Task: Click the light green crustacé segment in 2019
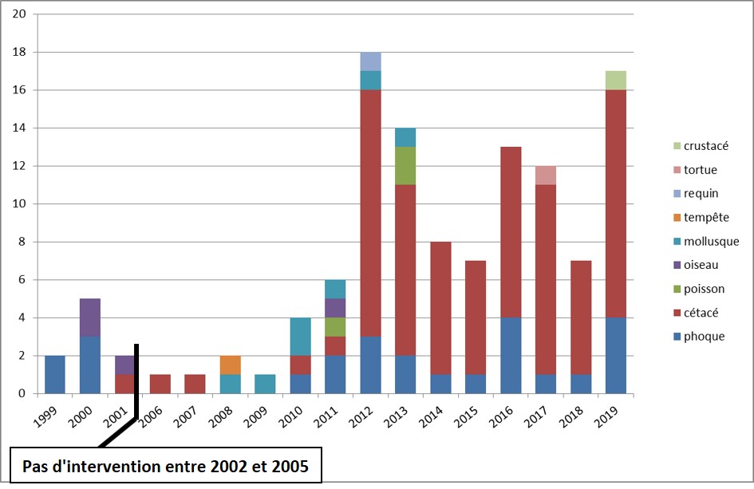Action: [x=616, y=81]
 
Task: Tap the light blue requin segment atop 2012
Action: [x=370, y=61]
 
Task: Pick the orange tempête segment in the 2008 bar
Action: [x=230, y=365]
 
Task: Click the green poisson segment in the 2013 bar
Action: [x=405, y=166]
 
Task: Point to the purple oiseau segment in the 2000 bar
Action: [x=90, y=317]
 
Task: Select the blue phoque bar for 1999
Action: [x=55, y=374]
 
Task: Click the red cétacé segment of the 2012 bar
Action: [x=370, y=213]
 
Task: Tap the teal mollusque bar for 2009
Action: [x=265, y=384]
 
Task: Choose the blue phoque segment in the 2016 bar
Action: [x=511, y=355]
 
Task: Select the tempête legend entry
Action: [x=705, y=218]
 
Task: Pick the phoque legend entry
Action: [x=704, y=337]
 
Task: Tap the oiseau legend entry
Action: [x=703, y=265]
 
